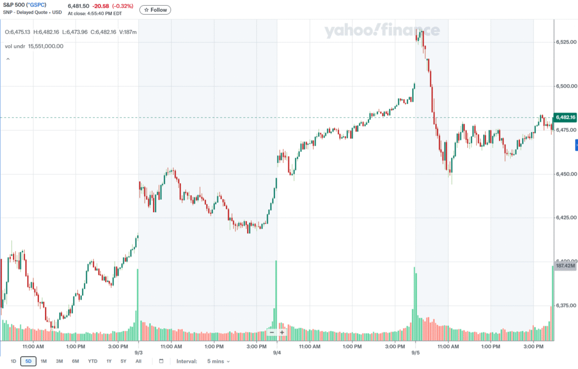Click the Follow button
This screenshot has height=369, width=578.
(x=155, y=10)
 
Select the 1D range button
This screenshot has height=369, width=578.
(x=13, y=361)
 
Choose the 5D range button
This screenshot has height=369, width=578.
(x=28, y=361)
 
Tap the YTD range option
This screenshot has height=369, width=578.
(x=93, y=361)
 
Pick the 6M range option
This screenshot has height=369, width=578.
(x=75, y=361)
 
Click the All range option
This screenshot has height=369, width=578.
(x=138, y=361)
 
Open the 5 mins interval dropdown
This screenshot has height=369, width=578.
(x=218, y=361)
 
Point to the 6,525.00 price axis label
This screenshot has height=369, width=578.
(x=565, y=42)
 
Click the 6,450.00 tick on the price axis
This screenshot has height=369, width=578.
(x=565, y=174)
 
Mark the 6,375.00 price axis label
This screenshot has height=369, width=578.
(x=565, y=306)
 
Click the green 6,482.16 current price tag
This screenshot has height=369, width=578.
(x=565, y=117)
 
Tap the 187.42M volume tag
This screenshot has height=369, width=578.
(x=565, y=266)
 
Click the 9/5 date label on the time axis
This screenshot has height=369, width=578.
(x=415, y=352)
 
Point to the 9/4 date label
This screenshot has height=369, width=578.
(x=277, y=352)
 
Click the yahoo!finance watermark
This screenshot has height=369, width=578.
(x=382, y=30)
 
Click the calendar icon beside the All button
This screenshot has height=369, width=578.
(x=161, y=361)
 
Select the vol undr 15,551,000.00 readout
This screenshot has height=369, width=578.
(x=34, y=46)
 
